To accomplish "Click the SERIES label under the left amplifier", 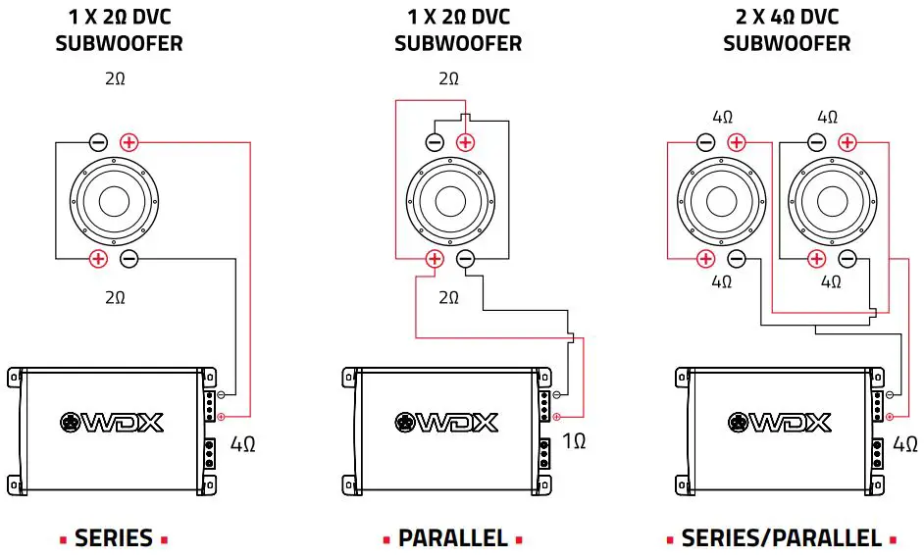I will [114, 537].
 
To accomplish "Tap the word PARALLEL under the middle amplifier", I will [452, 537].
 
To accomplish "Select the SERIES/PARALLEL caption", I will [781, 537].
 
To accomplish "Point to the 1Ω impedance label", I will [574, 441].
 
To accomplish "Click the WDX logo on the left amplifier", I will [113, 423].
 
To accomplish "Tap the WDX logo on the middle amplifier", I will [447, 423].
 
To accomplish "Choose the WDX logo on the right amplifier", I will [781, 423].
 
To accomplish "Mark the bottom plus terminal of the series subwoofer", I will [98, 259].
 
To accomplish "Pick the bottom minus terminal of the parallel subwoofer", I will [466, 259].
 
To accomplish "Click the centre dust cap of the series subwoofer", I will [114, 201].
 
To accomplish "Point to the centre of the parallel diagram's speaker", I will [450, 201].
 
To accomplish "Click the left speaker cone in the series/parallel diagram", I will [721, 201].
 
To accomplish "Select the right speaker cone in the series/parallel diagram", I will [831, 201].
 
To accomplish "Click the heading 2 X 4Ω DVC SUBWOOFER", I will [787, 30].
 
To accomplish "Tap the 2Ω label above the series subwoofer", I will [115, 78].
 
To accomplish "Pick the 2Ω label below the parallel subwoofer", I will [448, 297].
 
